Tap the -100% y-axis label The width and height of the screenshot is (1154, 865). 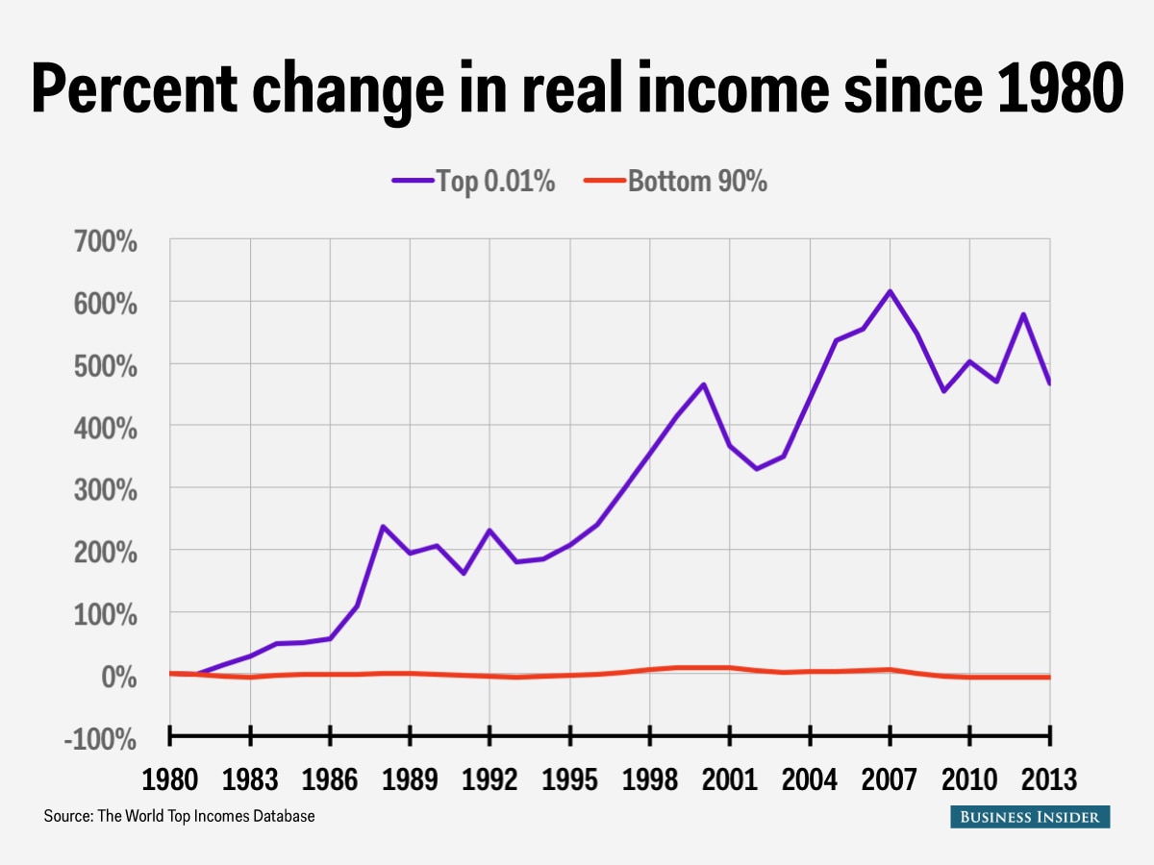[100, 738]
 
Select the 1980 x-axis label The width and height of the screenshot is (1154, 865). [169, 778]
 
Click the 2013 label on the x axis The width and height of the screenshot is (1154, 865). [1048, 778]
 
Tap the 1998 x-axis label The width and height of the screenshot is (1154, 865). [649, 778]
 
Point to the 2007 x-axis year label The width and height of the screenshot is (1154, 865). [889, 778]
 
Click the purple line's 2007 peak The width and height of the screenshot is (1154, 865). [890, 291]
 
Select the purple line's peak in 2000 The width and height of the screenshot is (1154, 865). [703, 384]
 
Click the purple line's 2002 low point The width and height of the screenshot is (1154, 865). [756, 469]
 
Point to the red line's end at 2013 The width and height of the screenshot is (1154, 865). [1048, 678]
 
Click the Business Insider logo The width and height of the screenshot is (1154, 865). [1030, 817]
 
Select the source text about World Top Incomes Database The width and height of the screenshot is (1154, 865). [179, 817]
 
